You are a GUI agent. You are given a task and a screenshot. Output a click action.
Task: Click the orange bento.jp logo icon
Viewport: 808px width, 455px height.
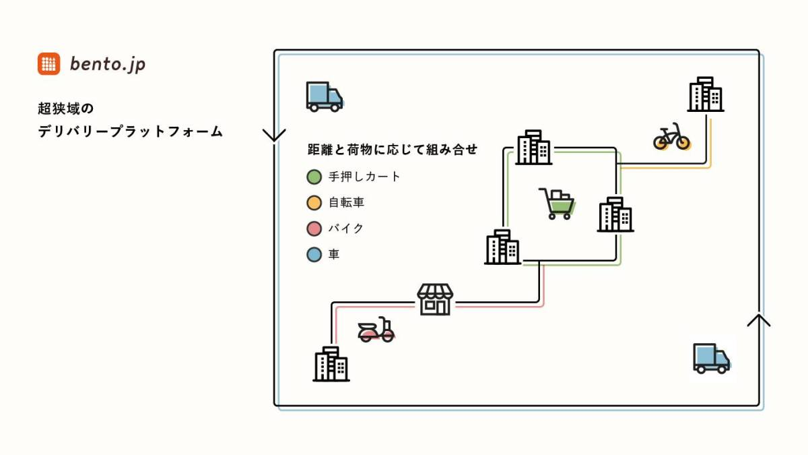click(48, 64)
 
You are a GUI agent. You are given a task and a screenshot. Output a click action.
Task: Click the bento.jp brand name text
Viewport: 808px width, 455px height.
click(108, 65)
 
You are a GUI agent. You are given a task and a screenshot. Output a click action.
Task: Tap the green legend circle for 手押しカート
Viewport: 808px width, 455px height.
click(314, 177)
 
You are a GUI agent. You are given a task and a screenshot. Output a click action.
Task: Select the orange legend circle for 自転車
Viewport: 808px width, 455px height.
click(314, 203)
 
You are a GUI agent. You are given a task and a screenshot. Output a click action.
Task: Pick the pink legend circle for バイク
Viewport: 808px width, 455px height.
click(314, 229)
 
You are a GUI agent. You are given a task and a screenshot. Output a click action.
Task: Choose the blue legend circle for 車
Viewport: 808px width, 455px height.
click(314, 255)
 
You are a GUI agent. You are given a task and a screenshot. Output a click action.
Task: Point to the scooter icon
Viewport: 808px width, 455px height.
click(376, 330)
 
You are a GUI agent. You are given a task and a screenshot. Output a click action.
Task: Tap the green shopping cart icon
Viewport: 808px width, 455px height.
click(557, 204)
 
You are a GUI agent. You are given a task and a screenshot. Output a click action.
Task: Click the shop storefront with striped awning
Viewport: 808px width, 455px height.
click(435, 299)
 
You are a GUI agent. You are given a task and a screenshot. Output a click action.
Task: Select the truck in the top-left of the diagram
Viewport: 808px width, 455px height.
click(325, 96)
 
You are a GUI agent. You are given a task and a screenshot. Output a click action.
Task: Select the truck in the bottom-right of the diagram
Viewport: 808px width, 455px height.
click(711, 358)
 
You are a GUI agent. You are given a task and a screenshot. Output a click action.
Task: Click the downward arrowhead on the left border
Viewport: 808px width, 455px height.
click(274, 135)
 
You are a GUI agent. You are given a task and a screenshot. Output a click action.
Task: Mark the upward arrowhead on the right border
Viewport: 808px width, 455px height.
click(759, 320)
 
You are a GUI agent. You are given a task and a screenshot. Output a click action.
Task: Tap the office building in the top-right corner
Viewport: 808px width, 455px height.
click(706, 94)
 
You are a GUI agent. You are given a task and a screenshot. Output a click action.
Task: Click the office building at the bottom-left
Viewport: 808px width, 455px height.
click(331, 364)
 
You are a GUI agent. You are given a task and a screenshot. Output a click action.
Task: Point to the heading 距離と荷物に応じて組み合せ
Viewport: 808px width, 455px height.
click(393, 150)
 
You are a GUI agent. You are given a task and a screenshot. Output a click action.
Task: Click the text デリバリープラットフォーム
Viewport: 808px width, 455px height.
click(130, 131)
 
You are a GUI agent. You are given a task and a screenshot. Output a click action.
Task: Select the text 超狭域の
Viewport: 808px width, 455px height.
click(66, 109)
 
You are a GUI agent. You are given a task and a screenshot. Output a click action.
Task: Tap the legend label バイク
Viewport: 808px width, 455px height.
click(346, 229)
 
